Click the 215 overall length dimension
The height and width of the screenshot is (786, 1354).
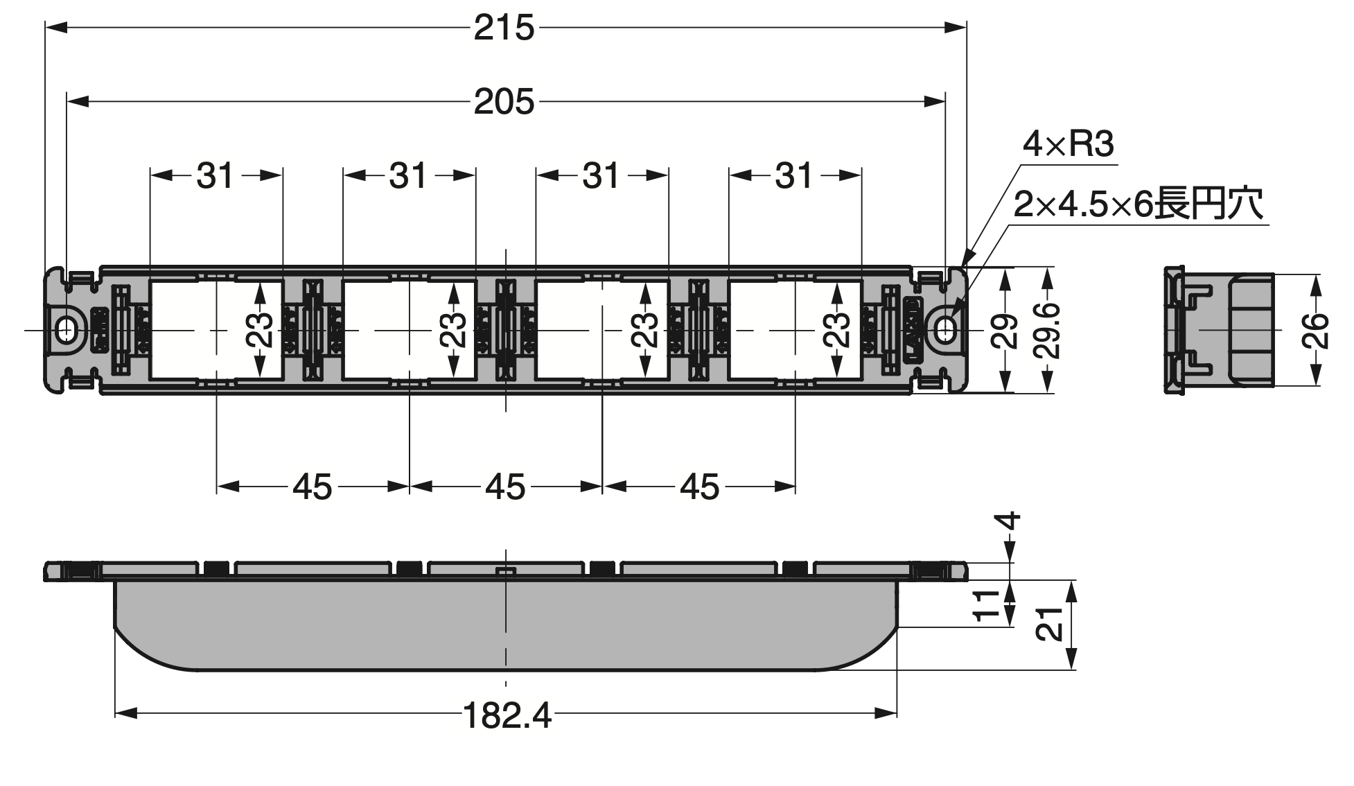pos(504,28)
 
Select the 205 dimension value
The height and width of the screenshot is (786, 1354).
pos(504,103)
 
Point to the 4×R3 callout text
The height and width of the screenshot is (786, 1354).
pos(1069,145)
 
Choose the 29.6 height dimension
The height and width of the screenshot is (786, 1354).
pos(1046,330)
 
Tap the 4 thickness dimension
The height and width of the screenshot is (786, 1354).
pos(1012,521)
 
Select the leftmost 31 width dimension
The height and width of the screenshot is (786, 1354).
pos(215,176)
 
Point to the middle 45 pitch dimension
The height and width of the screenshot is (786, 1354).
pos(505,487)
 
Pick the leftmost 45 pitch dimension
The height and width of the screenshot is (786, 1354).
pos(313,487)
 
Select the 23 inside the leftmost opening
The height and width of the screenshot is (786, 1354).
pos(260,329)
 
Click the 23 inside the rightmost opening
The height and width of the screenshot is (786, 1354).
pos(838,329)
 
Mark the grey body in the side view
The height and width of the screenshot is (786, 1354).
pos(505,625)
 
